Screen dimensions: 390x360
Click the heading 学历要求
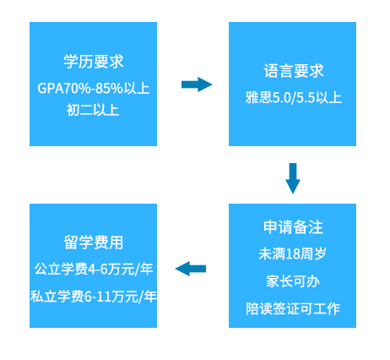[x=94, y=62]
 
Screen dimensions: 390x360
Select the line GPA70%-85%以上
[x=93, y=88]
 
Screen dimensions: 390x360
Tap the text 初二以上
[x=93, y=110]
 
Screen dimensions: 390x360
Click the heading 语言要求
[x=294, y=71]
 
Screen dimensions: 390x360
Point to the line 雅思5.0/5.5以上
[x=294, y=97]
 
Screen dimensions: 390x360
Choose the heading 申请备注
[x=293, y=227]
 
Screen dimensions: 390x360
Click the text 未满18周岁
[x=292, y=254]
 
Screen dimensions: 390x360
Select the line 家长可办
[x=293, y=281]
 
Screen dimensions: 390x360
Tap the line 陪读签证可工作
[x=293, y=308]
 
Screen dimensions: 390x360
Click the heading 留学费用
[x=94, y=243]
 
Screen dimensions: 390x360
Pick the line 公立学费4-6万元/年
[x=94, y=269]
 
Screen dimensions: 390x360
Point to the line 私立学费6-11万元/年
[x=94, y=297]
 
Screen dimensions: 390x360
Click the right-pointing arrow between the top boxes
[x=197, y=85]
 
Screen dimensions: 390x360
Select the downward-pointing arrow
[x=293, y=178]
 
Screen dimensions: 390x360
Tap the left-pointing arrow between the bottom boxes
[x=191, y=269]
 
